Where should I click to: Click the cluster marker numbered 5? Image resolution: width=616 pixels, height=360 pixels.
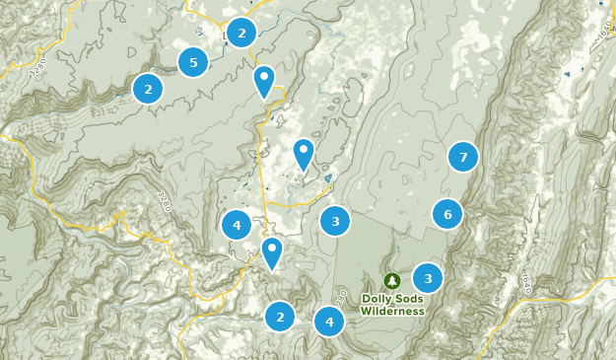click(193, 63)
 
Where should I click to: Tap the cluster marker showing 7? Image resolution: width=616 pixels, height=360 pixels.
click(462, 156)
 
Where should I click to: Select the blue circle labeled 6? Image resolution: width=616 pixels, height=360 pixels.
click(447, 214)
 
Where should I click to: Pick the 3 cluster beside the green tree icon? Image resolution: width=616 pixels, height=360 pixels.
click(428, 278)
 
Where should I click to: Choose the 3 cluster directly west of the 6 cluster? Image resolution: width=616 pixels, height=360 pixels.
click(335, 222)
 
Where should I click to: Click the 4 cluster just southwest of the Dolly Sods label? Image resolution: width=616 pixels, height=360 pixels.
click(329, 322)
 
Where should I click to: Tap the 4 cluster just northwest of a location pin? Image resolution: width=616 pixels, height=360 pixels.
click(237, 226)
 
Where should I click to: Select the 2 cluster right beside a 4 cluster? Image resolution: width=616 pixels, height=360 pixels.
click(280, 317)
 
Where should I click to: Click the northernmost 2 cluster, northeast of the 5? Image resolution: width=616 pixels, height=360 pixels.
click(240, 33)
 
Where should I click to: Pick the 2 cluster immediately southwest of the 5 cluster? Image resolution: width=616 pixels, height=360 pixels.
click(148, 89)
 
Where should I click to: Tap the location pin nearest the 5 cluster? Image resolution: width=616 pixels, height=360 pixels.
click(263, 81)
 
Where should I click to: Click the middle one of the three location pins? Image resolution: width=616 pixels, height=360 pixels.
click(304, 154)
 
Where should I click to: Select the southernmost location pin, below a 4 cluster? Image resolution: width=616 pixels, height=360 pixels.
click(271, 252)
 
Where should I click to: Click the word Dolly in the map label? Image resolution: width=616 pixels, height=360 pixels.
click(376, 299)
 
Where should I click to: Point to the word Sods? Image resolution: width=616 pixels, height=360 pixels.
click(409, 299)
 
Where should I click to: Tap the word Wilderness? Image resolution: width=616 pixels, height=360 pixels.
click(392, 311)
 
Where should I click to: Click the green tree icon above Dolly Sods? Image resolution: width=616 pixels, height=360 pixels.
click(392, 281)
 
